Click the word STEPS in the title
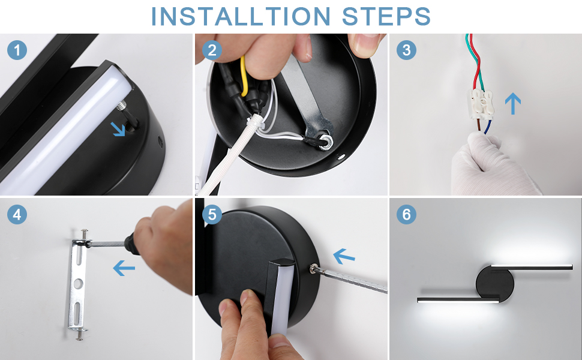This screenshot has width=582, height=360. [x=386, y=16]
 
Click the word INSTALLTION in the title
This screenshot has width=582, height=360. [x=241, y=16]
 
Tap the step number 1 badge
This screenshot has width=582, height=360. [x=17, y=50]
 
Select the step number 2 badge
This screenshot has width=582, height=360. [x=212, y=50]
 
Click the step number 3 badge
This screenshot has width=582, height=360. [x=406, y=50]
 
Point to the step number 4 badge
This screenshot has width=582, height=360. [x=17, y=215]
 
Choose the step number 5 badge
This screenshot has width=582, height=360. [x=212, y=215]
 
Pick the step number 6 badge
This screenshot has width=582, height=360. [x=406, y=215]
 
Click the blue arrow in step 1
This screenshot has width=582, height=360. [x=118, y=129]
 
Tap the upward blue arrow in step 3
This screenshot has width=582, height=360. [x=513, y=104]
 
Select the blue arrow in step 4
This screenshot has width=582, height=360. [x=124, y=268]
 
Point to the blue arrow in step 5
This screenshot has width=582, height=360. [x=344, y=256]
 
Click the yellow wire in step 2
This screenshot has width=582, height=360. [x=244, y=76]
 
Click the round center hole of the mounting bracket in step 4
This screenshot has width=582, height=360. [x=79, y=284]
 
